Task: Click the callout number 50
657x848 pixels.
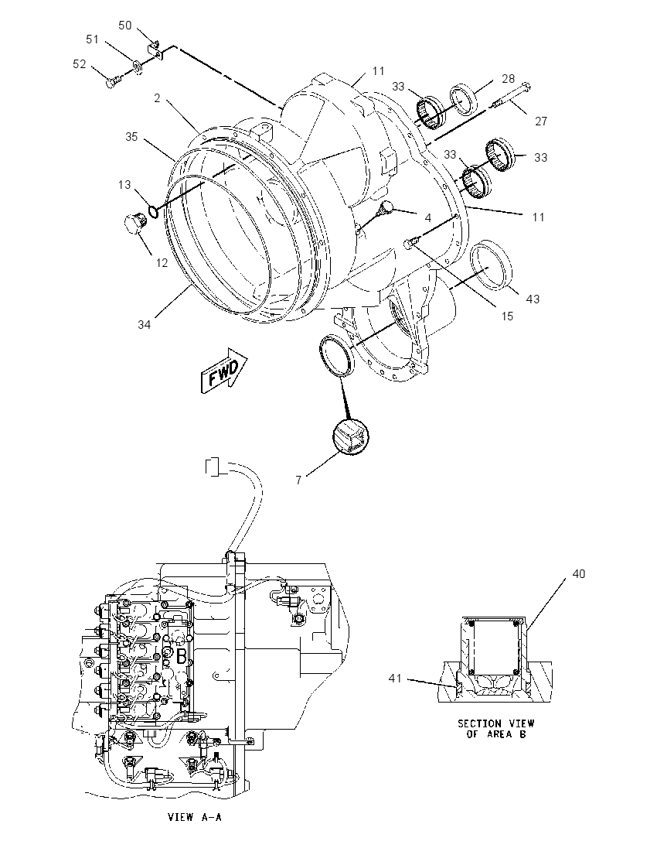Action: (124, 26)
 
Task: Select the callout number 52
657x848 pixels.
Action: (80, 63)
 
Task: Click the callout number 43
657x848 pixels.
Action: (533, 299)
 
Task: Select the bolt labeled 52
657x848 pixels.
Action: (114, 82)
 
